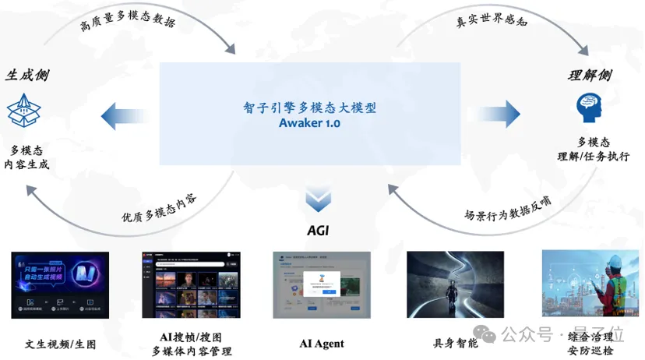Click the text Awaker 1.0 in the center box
(310, 123)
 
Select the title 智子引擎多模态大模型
(310, 108)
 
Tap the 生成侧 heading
(27, 76)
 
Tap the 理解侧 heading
(590, 76)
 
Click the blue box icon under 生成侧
(23, 111)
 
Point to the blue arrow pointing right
(498, 115)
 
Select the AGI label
(317, 231)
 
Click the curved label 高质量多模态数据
(129, 23)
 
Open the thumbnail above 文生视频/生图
(60, 284)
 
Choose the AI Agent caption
(322, 344)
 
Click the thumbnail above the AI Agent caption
(322, 284)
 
